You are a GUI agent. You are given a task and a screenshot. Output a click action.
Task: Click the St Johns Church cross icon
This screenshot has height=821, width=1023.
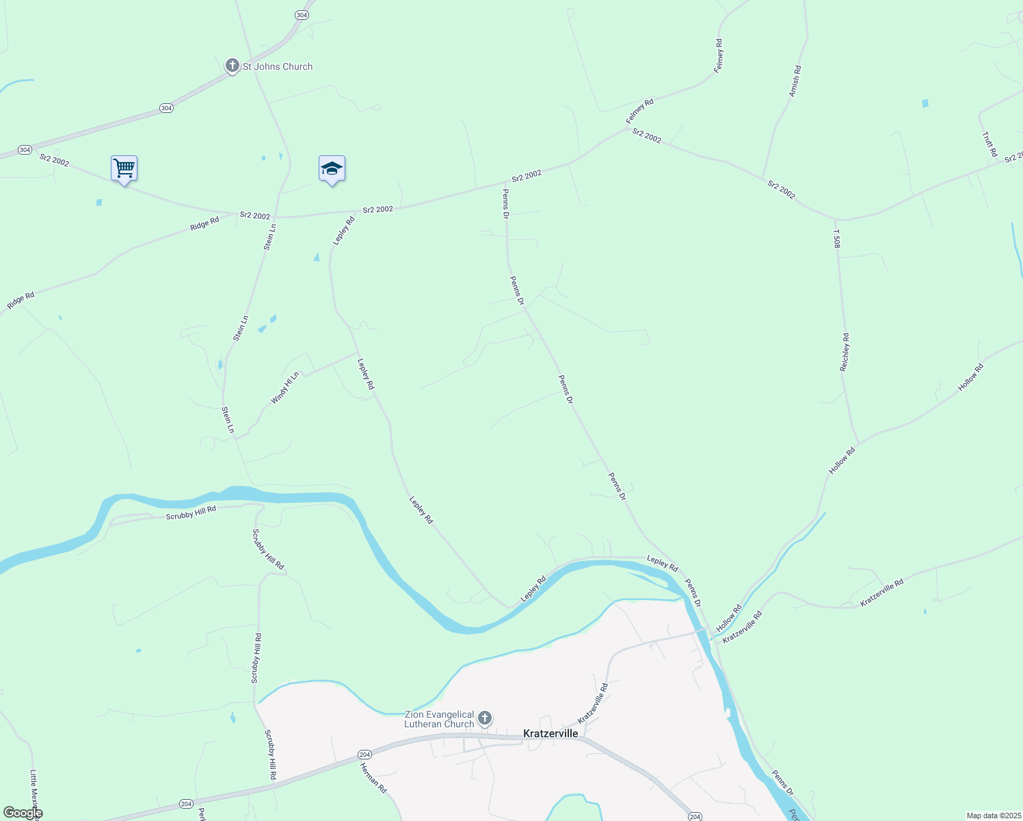(232, 66)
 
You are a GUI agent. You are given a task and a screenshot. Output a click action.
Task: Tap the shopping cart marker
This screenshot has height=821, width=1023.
(124, 168)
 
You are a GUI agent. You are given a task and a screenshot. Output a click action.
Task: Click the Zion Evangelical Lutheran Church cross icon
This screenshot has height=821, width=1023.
(485, 718)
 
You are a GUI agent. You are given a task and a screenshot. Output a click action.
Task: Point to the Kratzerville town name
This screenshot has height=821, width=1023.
(550, 733)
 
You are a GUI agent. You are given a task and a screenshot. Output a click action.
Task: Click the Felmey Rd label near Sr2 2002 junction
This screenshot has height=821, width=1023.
(640, 112)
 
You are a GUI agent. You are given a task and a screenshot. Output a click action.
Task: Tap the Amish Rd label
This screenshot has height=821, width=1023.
(795, 81)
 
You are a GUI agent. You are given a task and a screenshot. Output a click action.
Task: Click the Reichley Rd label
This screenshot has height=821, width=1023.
(845, 352)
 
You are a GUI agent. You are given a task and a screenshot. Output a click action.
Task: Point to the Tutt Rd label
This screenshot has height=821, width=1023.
(989, 144)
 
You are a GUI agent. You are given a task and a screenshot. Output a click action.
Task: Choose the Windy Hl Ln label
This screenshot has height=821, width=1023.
(285, 388)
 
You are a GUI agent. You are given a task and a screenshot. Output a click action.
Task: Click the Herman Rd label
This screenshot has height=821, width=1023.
(373, 779)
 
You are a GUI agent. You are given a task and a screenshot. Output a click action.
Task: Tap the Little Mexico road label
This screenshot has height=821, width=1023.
(35, 794)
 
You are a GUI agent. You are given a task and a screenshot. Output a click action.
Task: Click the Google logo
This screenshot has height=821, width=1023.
(23, 813)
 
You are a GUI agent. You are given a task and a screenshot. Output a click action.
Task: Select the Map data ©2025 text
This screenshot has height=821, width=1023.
(993, 816)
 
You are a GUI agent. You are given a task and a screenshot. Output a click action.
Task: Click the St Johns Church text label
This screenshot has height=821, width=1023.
(278, 66)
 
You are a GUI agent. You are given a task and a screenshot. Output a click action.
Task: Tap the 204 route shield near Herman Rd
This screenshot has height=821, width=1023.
(364, 755)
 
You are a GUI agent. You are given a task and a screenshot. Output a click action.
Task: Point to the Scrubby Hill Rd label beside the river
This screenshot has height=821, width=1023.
(191, 512)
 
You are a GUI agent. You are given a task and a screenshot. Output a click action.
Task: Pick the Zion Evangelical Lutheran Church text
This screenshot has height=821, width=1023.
(439, 719)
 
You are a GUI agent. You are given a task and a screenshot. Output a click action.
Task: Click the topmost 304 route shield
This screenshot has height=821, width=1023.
(302, 14)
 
